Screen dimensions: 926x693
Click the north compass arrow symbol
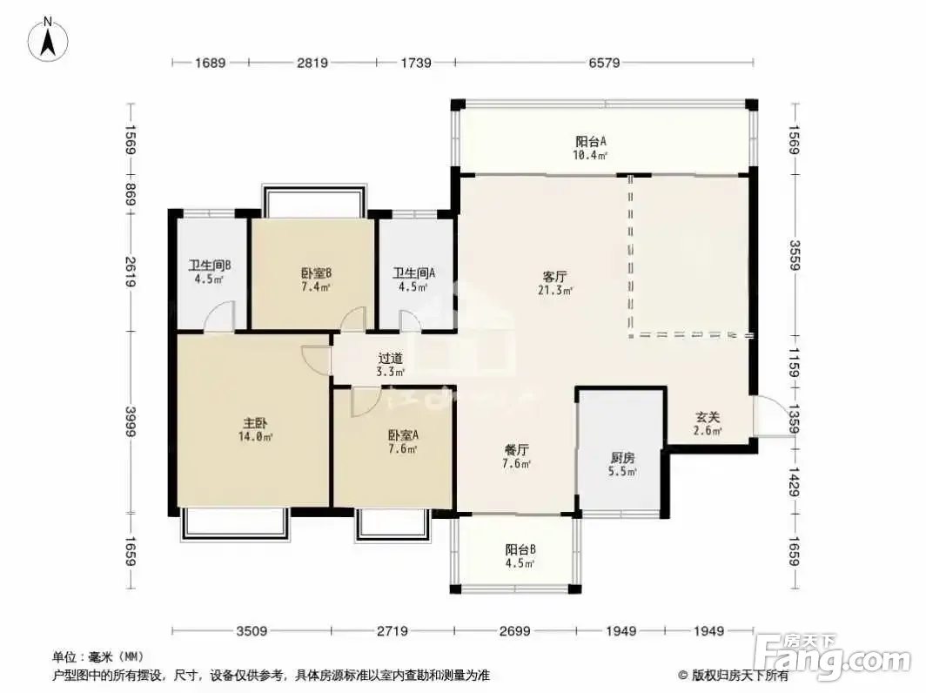(49, 39)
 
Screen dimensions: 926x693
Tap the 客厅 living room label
(554, 276)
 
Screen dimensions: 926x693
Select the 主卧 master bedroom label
(255, 423)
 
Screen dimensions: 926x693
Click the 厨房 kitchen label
(622, 457)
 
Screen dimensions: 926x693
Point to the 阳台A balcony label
(591, 141)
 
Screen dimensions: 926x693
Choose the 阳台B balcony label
(520, 549)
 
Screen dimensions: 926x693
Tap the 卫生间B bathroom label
(209, 265)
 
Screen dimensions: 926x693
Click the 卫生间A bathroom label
(414, 273)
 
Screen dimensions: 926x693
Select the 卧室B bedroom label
(316, 273)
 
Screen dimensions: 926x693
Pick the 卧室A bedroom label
(403, 434)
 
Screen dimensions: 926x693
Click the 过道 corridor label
(391, 358)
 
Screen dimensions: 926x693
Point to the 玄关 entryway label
(707, 417)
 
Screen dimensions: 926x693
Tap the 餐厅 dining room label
(516, 449)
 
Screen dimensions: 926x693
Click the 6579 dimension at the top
(604, 62)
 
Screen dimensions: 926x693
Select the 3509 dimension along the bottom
(252, 631)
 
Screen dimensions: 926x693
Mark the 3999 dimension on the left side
(131, 422)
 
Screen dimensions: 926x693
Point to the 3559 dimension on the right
(794, 255)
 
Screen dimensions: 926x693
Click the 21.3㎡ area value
(555, 290)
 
